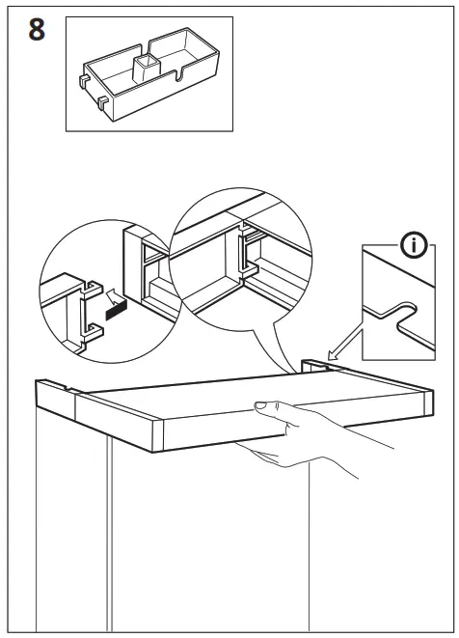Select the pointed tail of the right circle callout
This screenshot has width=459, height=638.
[289, 367]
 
